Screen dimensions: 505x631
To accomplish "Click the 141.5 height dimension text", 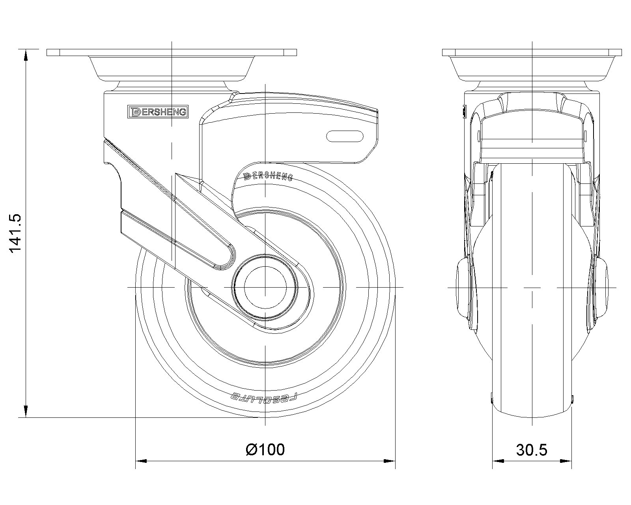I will point(17,234).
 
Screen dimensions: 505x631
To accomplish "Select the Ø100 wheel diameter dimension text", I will point(265,449).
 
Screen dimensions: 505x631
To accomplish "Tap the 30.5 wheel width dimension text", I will point(532,450).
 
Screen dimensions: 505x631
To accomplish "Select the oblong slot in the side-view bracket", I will point(345,136).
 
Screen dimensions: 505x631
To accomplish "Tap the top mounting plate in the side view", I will point(172,52).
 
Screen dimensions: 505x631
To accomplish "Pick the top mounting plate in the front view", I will point(532,52).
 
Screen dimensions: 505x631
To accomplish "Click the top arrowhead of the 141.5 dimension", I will point(26,54).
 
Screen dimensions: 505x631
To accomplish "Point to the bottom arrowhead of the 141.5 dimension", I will point(26,412).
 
